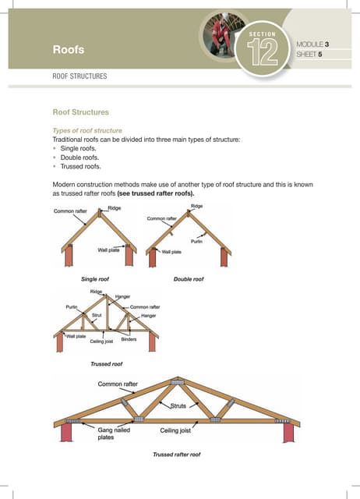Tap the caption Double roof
pyautogui.click(x=189, y=278)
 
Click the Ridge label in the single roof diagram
pyautogui.click(x=114, y=207)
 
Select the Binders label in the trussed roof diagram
pyautogui.click(x=129, y=339)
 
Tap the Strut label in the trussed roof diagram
pyautogui.click(x=97, y=314)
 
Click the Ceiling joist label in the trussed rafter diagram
pyautogui.click(x=178, y=430)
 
